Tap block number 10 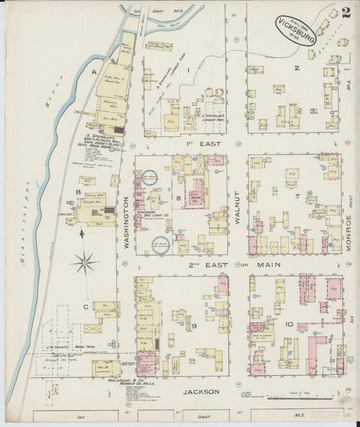(289, 324)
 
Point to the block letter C (86, 307)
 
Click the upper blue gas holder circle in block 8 (150, 179)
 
